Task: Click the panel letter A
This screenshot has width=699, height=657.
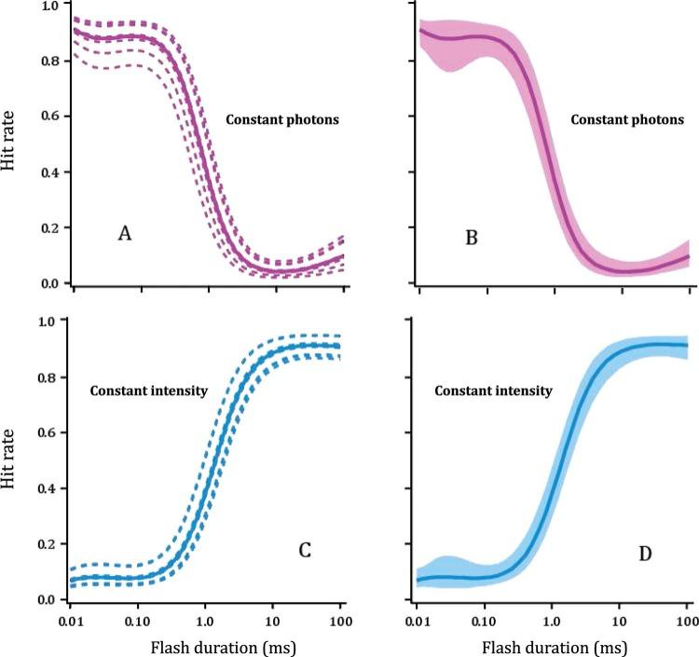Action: click(124, 234)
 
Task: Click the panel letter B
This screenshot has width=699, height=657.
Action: click(472, 239)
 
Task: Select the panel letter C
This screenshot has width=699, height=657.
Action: click(304, 550)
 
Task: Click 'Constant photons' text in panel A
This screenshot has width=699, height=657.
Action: click(283, 120)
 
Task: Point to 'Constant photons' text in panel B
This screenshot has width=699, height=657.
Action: click(627, 120)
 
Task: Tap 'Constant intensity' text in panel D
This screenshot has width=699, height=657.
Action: click(493, 391)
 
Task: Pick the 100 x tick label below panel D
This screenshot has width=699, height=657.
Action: click(687, 619)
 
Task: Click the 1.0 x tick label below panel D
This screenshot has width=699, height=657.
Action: click(553, 619)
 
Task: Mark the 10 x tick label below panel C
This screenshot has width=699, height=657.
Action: click(273, 619)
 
